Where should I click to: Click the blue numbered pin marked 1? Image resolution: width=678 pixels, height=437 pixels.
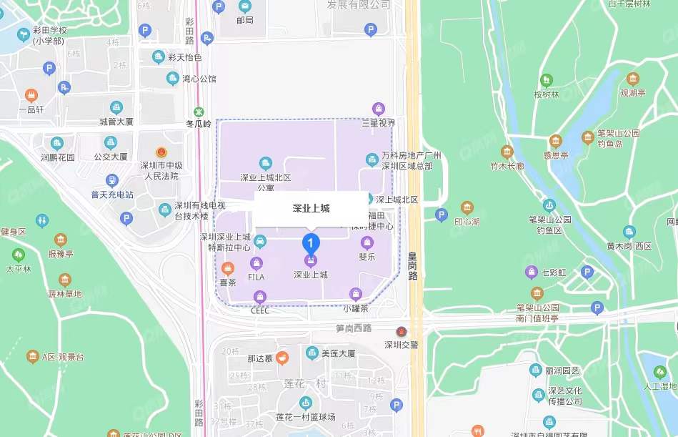311,242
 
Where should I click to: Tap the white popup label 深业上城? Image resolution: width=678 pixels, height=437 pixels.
311,209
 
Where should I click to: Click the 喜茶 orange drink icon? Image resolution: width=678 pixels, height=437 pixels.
227,269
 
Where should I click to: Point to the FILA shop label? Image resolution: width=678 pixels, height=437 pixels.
256,276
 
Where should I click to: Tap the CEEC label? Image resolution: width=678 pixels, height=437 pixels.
260,310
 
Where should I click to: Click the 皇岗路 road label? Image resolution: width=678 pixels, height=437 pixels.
412,264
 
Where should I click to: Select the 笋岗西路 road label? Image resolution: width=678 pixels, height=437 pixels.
354,328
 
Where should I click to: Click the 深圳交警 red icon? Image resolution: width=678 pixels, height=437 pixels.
402,332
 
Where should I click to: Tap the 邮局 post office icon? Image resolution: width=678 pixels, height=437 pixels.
244,6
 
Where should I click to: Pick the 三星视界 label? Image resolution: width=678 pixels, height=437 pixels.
379,122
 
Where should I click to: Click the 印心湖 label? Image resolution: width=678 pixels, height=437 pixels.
467,220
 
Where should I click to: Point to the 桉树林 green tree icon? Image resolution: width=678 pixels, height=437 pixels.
547,80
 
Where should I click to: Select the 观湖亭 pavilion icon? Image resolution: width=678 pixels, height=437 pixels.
632,79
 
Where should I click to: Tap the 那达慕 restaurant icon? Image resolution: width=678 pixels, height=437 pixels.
283,357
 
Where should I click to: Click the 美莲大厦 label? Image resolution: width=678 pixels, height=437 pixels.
339,353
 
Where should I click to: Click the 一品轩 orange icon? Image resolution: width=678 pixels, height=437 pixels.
31,95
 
